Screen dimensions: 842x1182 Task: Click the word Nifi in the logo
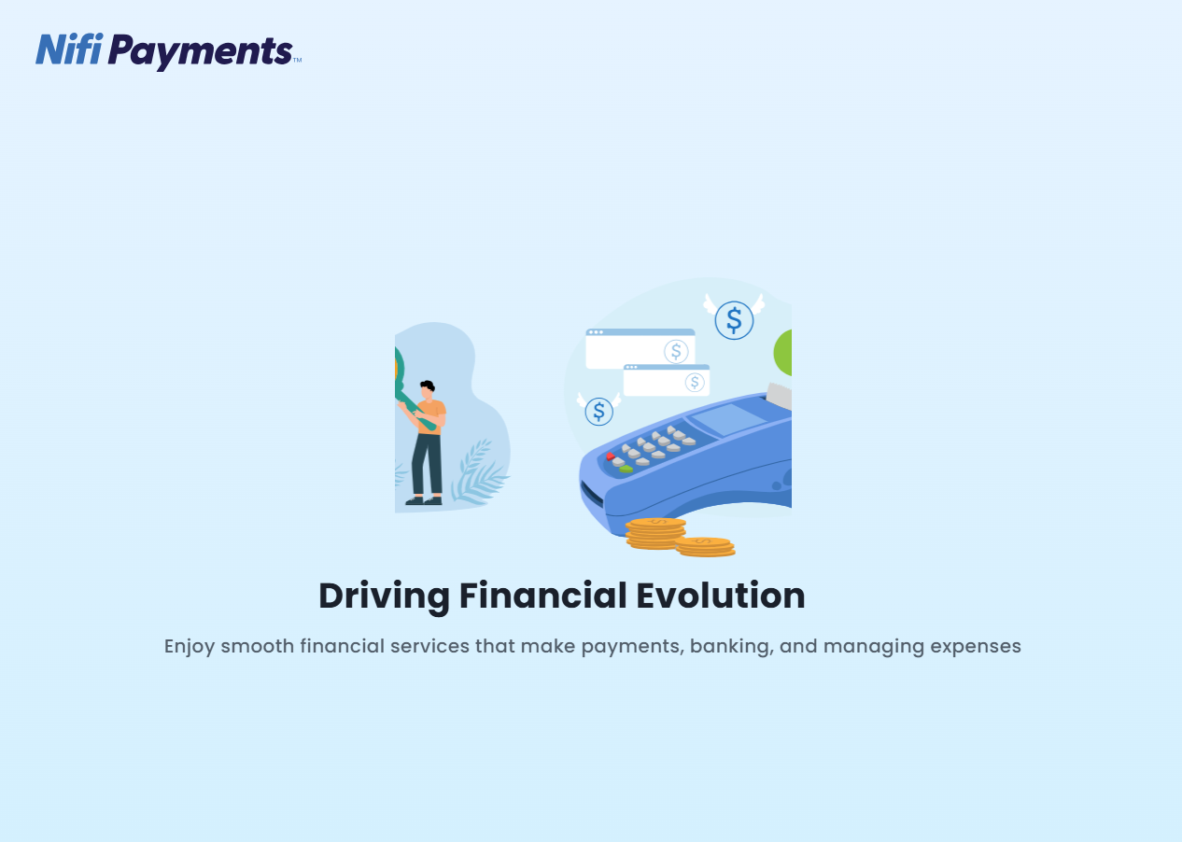[x=68, y=49]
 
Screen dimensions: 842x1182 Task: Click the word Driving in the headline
[x=383, y=596]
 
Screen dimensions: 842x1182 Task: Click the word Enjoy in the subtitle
[x=190, y=646]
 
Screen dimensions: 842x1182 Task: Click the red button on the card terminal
[x=611, y=456]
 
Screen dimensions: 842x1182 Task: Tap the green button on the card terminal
[x=626, y=469]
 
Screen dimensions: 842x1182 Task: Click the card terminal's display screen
[x=728, y=420]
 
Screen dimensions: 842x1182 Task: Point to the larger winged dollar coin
[x=734, y=320]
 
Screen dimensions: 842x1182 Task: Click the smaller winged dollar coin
[x=598, y=411]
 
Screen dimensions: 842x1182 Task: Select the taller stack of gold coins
[x=655, y=533]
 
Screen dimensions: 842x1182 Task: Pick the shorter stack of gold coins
[x=705, y=546]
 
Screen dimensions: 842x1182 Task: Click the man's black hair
[x=428, y=386]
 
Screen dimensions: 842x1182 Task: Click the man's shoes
[x=424, y=500]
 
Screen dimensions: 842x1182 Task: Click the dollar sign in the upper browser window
[x=676, y=352]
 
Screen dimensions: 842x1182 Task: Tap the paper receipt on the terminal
[x=779, y=396]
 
